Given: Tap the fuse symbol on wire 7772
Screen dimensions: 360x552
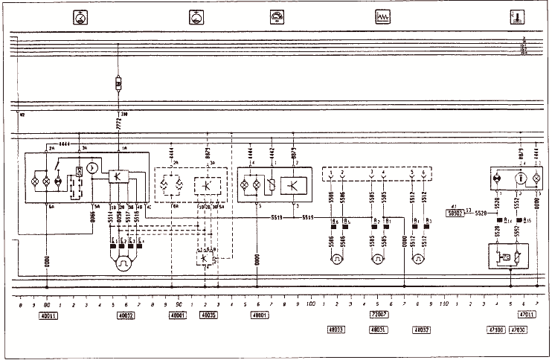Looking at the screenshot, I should tap(119, 83).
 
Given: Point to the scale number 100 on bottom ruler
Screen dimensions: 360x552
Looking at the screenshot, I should tap(310, 304).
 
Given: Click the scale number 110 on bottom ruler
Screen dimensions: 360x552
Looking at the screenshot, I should tap(443, 304).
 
